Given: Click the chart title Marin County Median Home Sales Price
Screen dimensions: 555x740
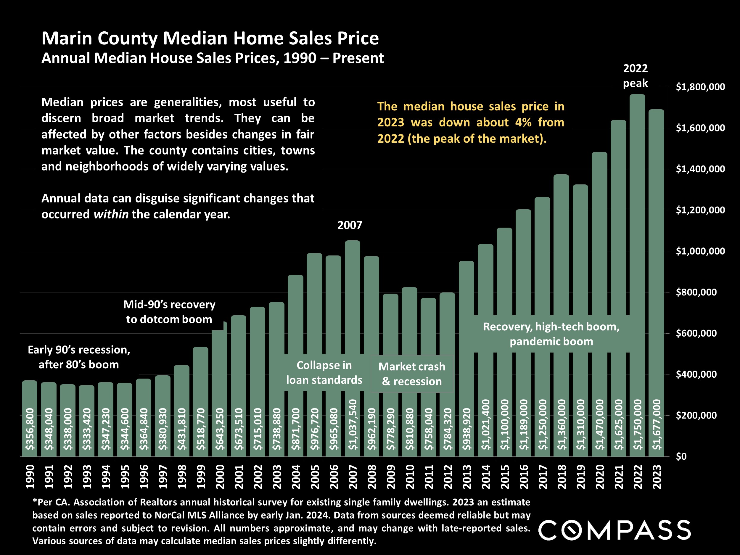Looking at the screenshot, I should click(210, 38).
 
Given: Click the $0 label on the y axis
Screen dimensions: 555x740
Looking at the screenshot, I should click(681, 456).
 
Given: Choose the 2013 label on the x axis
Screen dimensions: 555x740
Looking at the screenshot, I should click(467, 477).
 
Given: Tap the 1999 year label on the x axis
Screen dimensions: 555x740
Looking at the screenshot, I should click(201, 477).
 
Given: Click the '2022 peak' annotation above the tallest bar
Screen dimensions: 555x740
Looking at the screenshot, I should click(635, 76).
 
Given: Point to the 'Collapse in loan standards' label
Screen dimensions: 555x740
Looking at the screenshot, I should click(324, 373).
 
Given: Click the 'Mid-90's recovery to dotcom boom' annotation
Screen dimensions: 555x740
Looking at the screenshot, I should click(169, 312).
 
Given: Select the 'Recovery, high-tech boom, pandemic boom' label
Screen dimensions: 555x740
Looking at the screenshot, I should click(551, 334).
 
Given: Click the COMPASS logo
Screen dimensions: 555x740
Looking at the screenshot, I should click(614, 530).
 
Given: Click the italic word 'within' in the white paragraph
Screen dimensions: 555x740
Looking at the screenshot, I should click(111, 214).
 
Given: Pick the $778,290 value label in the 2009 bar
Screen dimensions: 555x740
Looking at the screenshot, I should click(390, 429).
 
